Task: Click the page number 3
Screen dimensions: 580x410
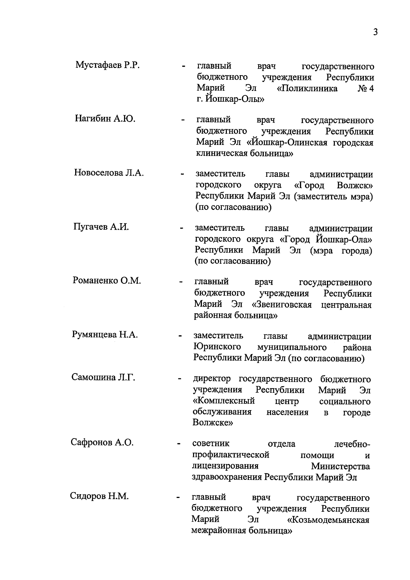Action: (375, 32)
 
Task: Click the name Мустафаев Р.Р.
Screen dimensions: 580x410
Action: (108, 65)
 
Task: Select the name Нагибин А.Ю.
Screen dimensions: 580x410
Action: (105, 119)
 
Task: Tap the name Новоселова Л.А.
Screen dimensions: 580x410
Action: (109, 173)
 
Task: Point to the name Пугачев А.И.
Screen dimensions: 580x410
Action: (101, 227)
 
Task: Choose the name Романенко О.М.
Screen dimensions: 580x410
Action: (107, 281)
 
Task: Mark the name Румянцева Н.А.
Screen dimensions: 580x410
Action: (105, 335)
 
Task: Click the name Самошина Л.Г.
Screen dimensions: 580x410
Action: (103, 378)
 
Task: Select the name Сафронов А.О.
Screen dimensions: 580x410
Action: (102, 442)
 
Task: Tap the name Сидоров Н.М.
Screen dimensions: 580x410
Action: (99, 496)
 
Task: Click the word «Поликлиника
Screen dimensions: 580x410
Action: (307, 89)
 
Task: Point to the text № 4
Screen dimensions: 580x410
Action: (365, 89)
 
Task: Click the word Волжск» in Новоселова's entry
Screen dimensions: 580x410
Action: (355, 186)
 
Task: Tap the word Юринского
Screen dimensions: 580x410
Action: (217, 347)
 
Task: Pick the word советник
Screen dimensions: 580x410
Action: (211, 444)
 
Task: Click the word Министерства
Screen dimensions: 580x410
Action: (340, 466)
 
